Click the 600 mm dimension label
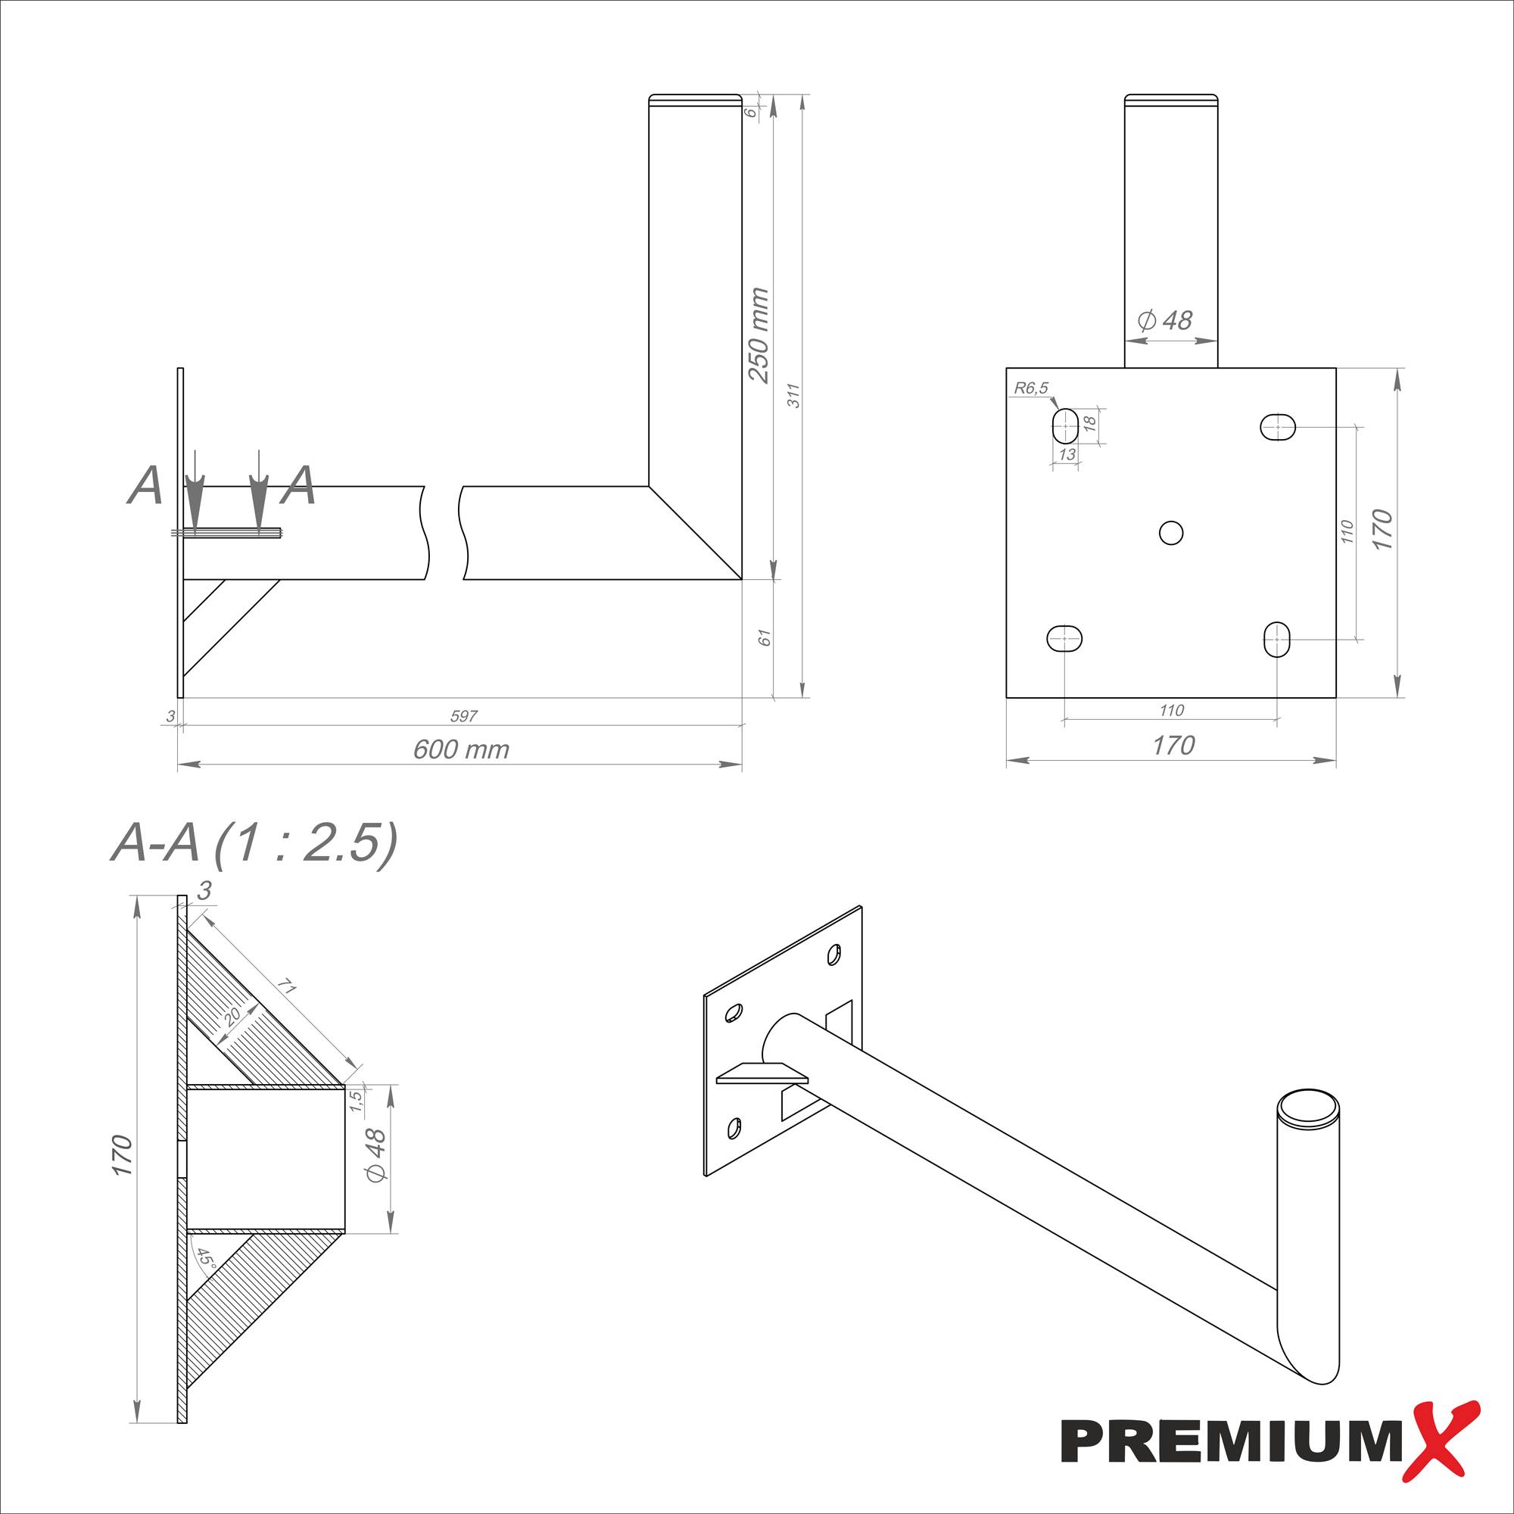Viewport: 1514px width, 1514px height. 461,750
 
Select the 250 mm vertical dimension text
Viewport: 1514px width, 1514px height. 759,335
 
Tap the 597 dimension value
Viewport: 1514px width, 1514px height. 463,715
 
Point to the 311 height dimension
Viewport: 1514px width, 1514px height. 794,395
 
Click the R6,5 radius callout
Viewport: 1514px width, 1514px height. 1030,387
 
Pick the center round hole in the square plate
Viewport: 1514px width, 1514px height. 1171,533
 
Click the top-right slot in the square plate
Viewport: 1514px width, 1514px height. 1277,427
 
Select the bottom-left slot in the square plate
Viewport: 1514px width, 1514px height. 1064,639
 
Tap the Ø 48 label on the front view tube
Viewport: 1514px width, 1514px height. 1164,319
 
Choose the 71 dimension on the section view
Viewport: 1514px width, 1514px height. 288,989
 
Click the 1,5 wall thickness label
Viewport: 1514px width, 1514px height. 357,1101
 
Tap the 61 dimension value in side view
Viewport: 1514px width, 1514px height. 765,637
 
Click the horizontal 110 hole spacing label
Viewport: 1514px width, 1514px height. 1171,710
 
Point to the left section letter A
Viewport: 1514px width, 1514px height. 145,486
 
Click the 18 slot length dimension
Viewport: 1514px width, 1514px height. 1089,422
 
